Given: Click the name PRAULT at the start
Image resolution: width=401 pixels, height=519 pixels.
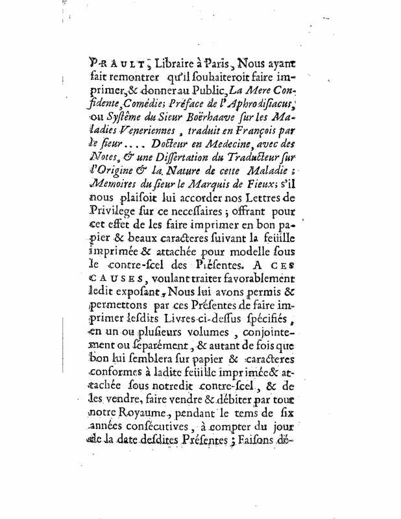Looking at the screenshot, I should pyautogui.click(x=113, y=64).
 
